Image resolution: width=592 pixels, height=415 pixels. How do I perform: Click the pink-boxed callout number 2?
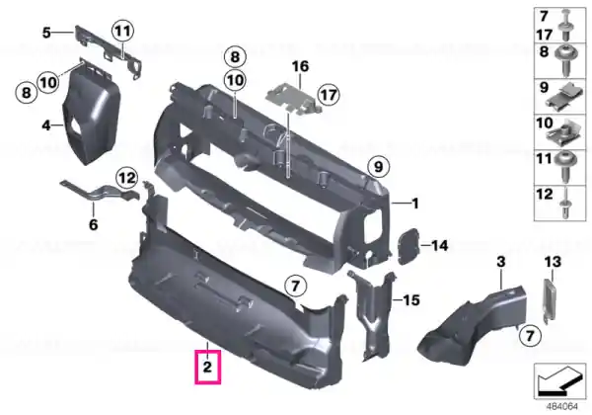click(x=207, y=367)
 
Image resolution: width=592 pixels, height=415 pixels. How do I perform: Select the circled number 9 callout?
click(x=378, y=167)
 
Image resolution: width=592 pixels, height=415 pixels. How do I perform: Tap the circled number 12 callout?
click(x=127, y=178)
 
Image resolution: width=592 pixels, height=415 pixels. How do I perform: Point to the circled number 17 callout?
click(x=329, y=95)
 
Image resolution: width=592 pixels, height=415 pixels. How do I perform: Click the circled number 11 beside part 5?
click(x=122, y=31)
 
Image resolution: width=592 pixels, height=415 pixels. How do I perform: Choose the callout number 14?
click(x=439, y=246)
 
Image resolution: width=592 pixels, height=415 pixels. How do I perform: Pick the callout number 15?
click(x=411, y=300)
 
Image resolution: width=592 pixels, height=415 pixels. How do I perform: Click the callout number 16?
click(x=301, y=66)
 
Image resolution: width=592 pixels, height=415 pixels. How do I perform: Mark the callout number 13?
click(x=553, y=262)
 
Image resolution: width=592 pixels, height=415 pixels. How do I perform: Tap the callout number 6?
click(x=94, y=224)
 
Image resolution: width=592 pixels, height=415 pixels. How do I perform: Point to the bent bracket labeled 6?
click(x=100, y=192)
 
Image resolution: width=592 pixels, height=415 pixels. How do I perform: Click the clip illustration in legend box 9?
click(x=568, y=97)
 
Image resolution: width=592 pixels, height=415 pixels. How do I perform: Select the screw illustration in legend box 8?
click(x=565, y=61)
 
